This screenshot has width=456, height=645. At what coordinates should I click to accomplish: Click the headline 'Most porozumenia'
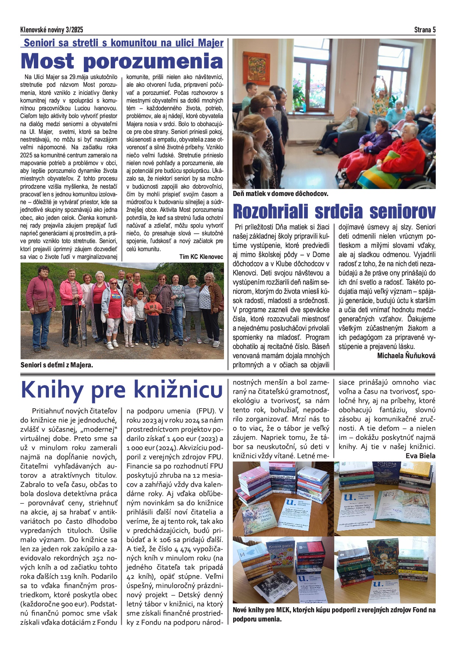[122, 61]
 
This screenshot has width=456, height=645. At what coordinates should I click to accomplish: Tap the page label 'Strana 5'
[425, 30]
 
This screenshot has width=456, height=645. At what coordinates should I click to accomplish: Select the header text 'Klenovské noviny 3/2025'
[51, 30]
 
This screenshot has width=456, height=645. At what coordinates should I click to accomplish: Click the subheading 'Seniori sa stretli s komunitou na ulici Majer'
[123, 43]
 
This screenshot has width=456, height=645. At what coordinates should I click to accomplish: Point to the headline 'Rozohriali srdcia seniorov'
[334, 211]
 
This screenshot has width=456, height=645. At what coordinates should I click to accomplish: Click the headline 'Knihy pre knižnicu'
[122, 390]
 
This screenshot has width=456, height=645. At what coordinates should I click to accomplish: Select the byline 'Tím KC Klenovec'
[201, 257]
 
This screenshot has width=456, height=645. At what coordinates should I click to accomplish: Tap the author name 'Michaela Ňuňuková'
[406, 356]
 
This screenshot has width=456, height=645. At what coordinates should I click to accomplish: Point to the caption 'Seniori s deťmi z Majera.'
[57, 365]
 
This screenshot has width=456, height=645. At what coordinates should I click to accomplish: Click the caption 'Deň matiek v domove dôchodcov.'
[280, 193]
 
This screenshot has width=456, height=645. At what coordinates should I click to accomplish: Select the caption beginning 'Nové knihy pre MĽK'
[334, 614]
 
